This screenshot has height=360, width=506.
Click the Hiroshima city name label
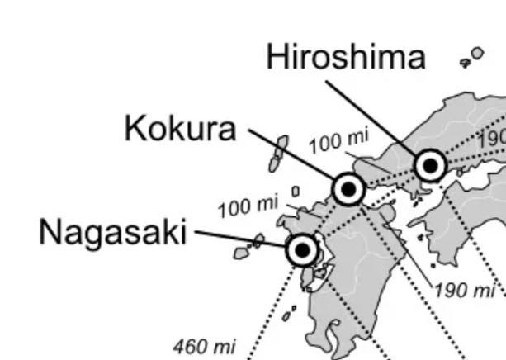coord(346,58)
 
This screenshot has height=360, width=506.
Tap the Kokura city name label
coord(180,129)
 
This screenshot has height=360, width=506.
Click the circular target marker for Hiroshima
coord(430,166)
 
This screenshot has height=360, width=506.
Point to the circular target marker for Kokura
coord(348,189)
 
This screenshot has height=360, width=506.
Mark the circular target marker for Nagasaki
coord(302,249)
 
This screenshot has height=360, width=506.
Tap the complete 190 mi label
coord(464,290)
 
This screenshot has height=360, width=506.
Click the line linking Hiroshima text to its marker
coord(371,116)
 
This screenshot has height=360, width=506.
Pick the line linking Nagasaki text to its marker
coord(239,239)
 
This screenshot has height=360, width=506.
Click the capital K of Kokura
coord(135,129)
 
